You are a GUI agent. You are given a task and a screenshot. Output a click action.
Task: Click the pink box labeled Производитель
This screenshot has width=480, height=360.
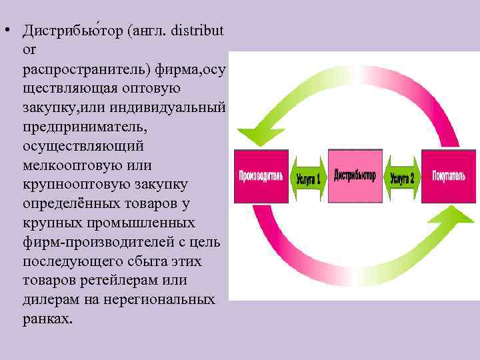click(261, 177)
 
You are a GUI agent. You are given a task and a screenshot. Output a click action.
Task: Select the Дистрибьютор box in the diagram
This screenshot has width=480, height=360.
click(354, 177)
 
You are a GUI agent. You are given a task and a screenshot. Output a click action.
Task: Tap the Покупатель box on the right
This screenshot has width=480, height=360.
click(447, 177)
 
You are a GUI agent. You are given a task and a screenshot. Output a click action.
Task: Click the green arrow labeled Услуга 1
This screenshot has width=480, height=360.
click(307, 178)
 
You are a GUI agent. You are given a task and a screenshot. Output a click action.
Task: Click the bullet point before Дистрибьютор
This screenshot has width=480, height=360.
click(5, 31)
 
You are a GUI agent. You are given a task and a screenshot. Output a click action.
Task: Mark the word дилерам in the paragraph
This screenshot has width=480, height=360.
click(48, 299)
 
